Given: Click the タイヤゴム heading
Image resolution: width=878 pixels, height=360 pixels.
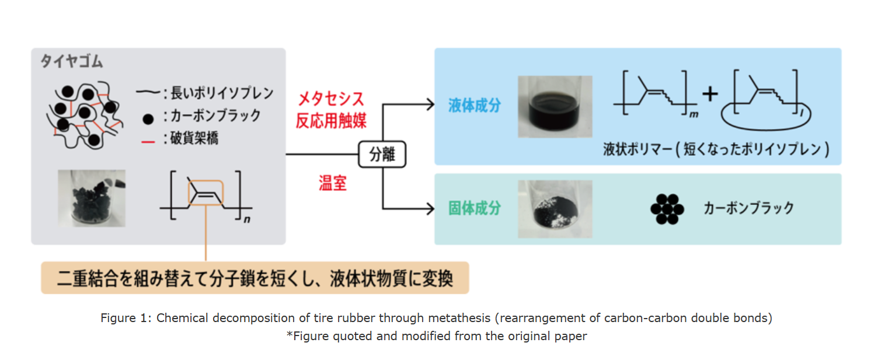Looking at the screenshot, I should coord(71,61).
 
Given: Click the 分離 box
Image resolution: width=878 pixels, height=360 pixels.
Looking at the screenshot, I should coord(382,155).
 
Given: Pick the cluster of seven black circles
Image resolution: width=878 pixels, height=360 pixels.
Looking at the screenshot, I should coord(667,208).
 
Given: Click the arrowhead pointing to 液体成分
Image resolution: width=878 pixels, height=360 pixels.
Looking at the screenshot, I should coord(431,105).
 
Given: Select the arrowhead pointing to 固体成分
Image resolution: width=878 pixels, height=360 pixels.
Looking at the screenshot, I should coord(431,208).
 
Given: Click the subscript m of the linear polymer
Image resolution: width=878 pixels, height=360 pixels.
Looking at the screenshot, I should coord(694,115).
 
